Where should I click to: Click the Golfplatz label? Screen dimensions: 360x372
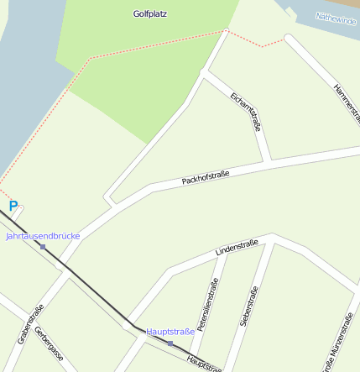pos(150,14)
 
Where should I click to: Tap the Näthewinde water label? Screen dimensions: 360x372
pos(336,18)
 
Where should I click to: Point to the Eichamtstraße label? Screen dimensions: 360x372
pos(245,111)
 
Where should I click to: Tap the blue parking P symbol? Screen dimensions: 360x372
pos(13,206)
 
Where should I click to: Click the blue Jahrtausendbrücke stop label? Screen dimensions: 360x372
pos(43,236)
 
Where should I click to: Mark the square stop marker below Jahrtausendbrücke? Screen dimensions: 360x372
pos(43,247)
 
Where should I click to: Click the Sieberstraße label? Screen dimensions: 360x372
pos(248,306)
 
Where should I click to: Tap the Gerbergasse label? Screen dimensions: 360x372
pos(50,343)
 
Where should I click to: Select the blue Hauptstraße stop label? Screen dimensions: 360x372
pos(170,332)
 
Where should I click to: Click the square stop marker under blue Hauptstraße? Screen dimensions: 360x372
pos(170,343)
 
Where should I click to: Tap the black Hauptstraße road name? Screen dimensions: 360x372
pos(204,362)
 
